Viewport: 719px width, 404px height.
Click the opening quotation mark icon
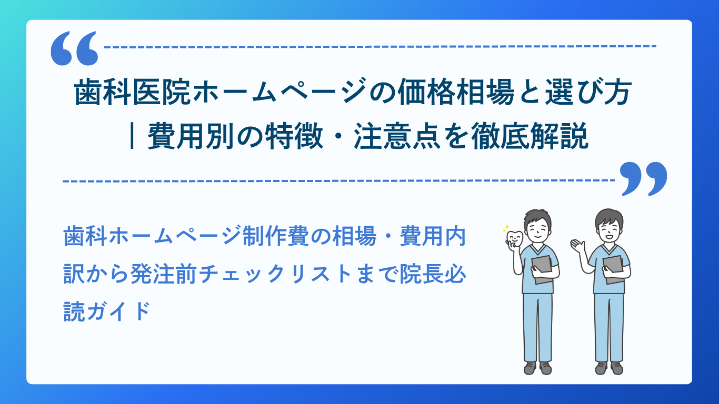point(74,48)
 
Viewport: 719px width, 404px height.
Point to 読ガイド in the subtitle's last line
point(107,311)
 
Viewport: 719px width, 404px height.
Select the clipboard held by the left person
point(543,269)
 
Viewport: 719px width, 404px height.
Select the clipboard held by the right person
point(614,269)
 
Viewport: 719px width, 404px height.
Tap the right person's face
point(608,229)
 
